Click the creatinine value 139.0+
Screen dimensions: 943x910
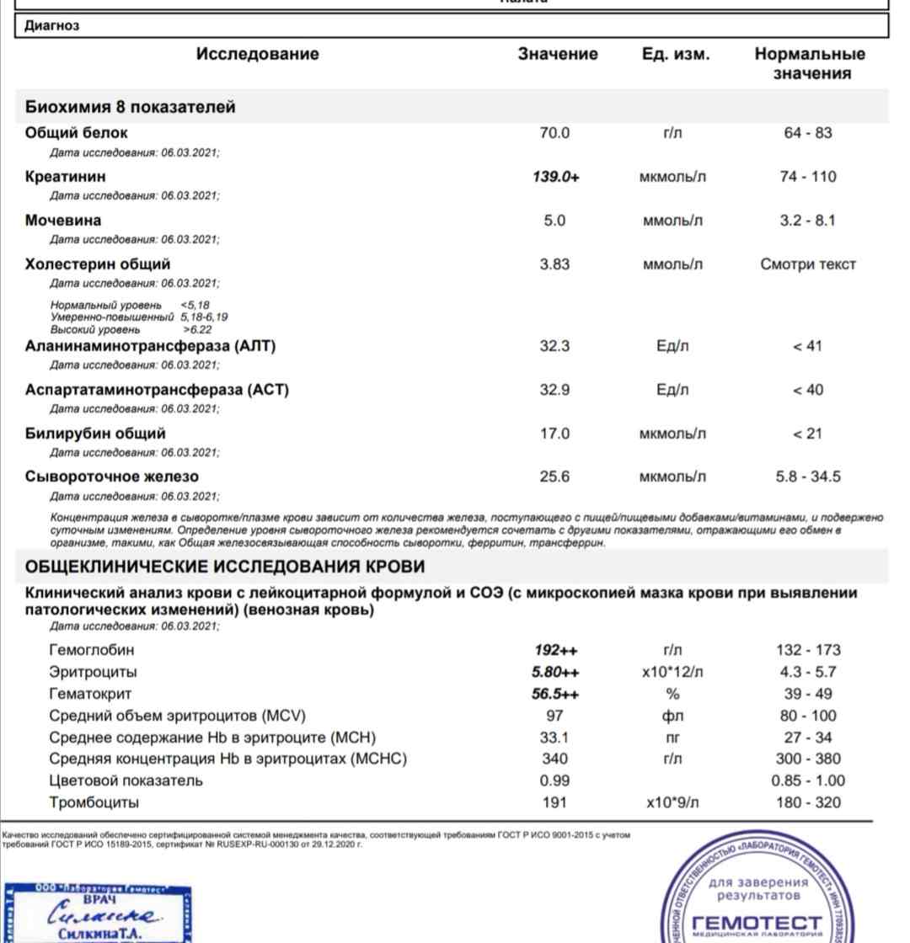[556, 177]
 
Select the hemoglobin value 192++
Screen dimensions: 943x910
[556, 650]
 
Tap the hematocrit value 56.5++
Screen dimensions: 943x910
[556, 694]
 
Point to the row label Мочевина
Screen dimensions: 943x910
[63, 221]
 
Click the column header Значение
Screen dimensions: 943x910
[558, 55]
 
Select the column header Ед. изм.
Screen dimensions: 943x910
[675, 55]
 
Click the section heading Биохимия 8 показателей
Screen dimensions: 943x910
[130, 107]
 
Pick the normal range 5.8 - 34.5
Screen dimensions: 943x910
[808, 477]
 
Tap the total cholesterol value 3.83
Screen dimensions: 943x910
[554, 264]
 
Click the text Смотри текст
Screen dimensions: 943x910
[808, 264]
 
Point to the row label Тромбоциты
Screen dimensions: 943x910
[94, 802]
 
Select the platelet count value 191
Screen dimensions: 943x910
[554, 802]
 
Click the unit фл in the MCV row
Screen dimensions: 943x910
[672, 716]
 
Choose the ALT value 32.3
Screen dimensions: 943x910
[554, 346]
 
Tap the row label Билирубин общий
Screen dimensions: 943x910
[95, 434]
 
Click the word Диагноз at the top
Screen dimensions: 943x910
[52, 26]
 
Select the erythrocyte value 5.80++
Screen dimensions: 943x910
[556, 672]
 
